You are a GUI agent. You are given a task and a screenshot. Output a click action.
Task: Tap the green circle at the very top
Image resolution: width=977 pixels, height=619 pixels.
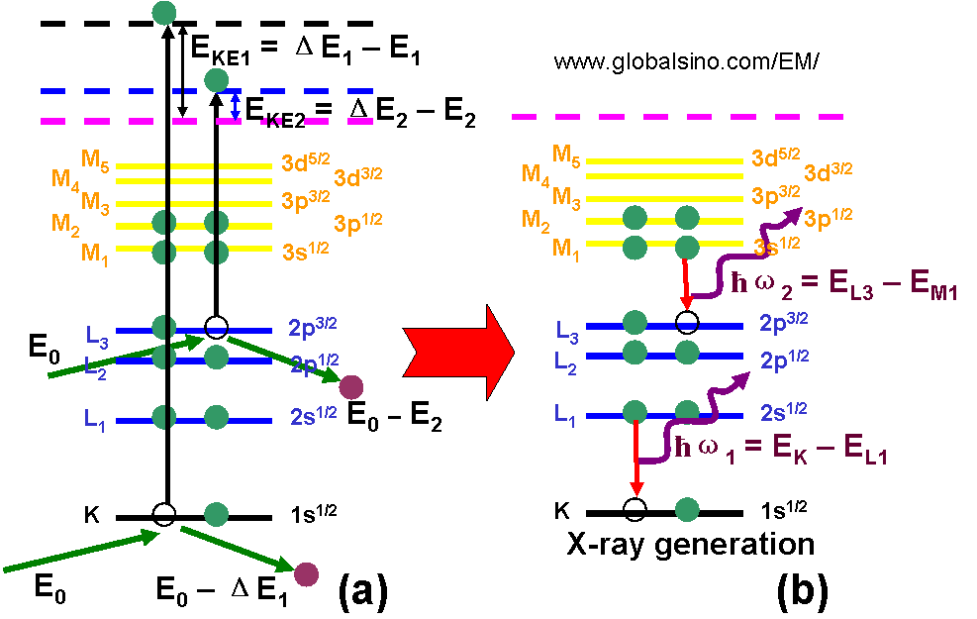tap(165, 13)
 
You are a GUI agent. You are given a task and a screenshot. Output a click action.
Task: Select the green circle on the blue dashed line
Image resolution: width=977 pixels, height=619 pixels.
tap(216, 80)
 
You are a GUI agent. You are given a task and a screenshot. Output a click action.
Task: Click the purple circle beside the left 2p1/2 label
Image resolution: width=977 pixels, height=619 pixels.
tap(351, 387)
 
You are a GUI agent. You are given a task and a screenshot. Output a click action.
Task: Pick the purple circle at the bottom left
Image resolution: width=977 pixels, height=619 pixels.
tap(307, 573)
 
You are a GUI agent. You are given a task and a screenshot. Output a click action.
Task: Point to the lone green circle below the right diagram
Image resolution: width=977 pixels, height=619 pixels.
tap(687, 509)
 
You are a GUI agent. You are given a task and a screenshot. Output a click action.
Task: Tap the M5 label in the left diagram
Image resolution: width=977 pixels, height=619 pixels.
tap(96, 157)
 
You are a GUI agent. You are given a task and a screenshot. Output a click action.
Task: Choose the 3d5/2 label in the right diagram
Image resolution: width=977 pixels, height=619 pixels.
tap(776, 157)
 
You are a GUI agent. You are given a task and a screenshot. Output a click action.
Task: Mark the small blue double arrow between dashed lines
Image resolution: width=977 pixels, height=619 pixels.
tap(235, 107)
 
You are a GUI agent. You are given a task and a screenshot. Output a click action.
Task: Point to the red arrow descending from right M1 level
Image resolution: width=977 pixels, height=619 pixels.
tap(685, 283)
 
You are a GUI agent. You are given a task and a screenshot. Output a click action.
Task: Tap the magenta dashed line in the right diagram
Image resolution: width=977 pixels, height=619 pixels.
tap(677, 117)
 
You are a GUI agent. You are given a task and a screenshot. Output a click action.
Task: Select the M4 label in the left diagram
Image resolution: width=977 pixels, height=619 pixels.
tap(65, 179)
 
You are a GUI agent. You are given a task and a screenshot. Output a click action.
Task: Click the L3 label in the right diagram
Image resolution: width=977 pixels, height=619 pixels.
tap(567, 329)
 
